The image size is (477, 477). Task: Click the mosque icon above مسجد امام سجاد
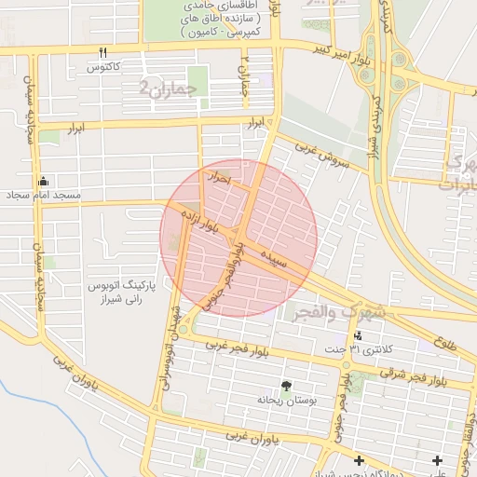pyautogui.click(x=43, y=181)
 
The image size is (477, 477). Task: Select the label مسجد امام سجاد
pyautogui.click(x=44, y=196)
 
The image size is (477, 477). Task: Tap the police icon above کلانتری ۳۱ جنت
pyautogui.click(x=359, y=335)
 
